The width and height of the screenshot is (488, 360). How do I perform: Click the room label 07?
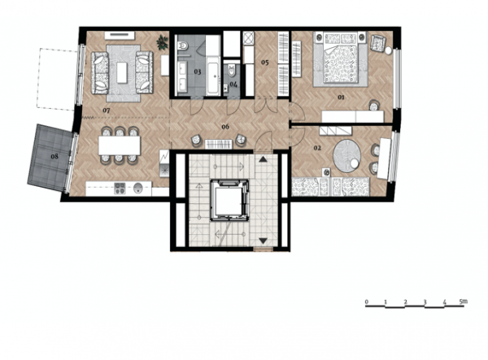107,111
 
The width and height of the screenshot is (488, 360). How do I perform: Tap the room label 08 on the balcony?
54,156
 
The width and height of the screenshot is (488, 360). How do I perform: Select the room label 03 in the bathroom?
198,72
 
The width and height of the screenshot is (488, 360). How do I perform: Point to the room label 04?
233,84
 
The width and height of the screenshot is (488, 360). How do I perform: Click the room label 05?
265,63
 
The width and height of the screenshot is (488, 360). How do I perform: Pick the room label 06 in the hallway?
225,127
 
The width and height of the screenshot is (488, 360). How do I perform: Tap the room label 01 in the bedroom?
342,98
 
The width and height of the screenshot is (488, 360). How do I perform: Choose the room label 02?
317,148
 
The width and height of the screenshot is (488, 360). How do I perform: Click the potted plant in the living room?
162,42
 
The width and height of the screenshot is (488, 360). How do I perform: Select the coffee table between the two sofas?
122,72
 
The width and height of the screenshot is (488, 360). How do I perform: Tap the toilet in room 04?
232,71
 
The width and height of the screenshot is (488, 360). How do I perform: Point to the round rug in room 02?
347,155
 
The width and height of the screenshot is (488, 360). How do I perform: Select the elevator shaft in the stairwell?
229,200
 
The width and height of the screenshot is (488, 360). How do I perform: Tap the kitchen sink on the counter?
138,188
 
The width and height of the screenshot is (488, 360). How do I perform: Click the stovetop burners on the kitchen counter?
120,188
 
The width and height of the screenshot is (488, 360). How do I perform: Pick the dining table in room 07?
120,145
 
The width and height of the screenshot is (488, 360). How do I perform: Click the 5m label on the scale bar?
463,301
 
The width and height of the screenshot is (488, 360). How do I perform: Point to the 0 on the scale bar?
367,301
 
